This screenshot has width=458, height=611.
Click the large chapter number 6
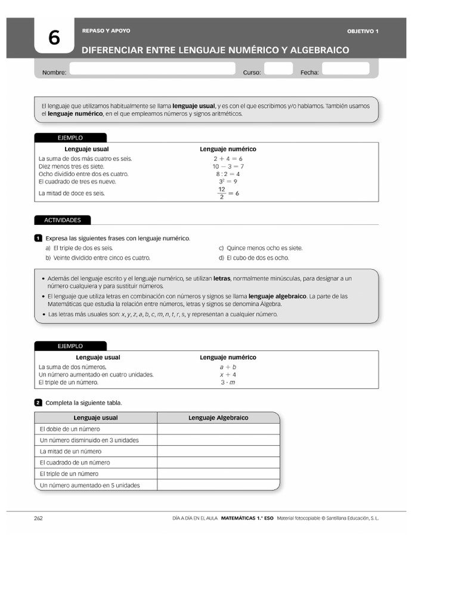54,39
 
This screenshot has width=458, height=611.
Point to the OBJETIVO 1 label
363,31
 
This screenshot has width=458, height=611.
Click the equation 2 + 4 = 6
228,159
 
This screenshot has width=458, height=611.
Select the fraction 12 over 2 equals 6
228,193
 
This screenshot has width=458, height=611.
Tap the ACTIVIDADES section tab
63,220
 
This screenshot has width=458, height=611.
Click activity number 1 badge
38,238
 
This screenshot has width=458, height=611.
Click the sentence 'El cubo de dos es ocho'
253,258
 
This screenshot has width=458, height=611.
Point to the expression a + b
228,367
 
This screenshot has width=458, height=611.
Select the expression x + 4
228,375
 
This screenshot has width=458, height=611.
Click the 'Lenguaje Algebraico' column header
218,418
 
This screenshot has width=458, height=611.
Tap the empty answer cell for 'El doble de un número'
218,429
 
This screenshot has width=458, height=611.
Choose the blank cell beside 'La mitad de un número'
218,452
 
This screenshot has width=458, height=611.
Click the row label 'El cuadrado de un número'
75,462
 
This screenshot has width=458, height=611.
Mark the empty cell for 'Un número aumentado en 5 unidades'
218,485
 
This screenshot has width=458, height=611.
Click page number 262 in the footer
38,518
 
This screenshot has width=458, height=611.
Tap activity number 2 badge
38,403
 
